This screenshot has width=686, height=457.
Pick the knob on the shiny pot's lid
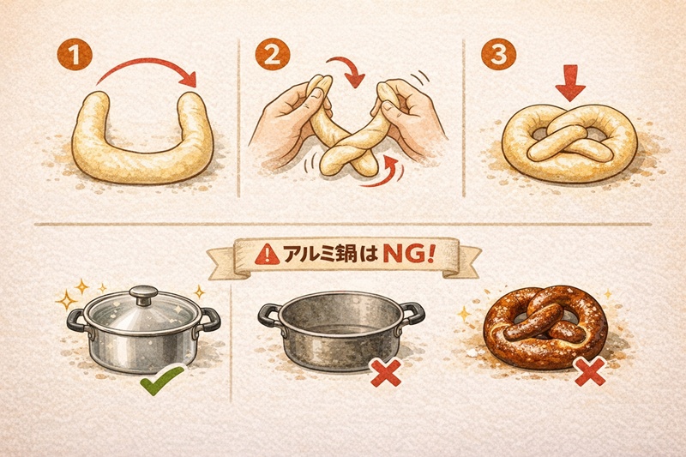(143, 294)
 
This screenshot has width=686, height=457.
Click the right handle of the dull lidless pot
(412, 314)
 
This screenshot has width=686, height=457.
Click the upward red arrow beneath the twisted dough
(393, 167)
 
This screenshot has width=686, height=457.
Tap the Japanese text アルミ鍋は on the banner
(330, 256)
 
